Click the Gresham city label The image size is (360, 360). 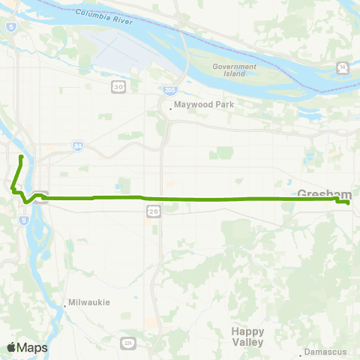tap(319, 193)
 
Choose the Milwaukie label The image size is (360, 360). tap(89, 302)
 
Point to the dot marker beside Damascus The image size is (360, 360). tap(301, 352)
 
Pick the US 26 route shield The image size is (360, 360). tap(151, 215)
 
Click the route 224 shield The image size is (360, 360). tap(128, 343)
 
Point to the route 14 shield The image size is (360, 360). tap(343, 67)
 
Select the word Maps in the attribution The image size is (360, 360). tap(32, 347)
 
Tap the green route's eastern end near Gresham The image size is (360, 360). tap(349, 202)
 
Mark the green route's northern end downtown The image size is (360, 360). tap(20, 157)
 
